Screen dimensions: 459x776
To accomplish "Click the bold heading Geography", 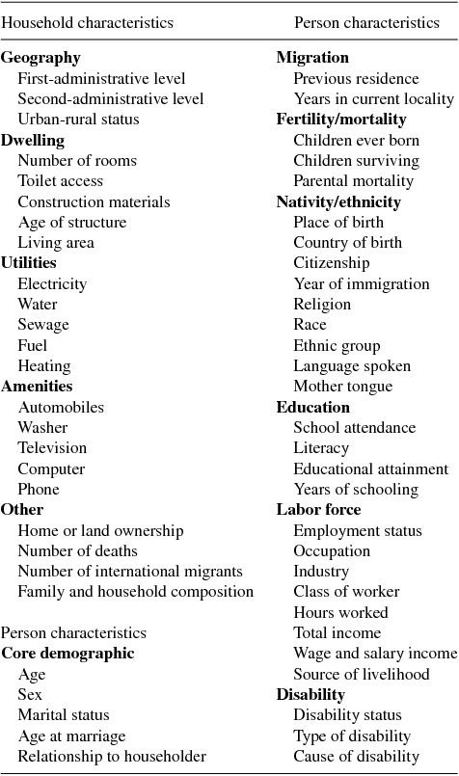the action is pyautogui.click(x=40, y=58).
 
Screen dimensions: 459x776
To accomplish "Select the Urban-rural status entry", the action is pyautogui.click(x=78, y=120).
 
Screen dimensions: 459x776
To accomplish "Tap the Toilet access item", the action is pyautogui.click(x=60, y=180).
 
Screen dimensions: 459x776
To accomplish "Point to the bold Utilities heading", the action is pyautogui.click(x=29, y=262).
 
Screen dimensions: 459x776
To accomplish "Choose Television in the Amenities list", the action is pyautogui.click(x=52, y=447).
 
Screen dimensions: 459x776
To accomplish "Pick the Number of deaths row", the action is pyautogui.click(x=77, y=550).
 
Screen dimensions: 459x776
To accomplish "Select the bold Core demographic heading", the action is pyautogui.click(x=67, y=654).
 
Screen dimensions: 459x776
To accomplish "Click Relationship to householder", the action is pyautogui.click(x=112, y=756).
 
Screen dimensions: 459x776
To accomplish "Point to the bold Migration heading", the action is pyautogui.click(x=312, y=58).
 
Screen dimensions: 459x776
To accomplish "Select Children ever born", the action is pyautogui.click(x=356, y=140).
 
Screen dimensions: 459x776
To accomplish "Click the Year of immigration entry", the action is pyautogui.click(x=362, y=283).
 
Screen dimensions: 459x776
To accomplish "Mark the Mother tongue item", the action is pyautogui.click(x=342, y=387).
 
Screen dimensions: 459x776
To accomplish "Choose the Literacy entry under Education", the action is pyautogui.click(x=321, y=447).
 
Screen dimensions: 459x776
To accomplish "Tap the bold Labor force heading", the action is pyautogui.click(x=318, y=509).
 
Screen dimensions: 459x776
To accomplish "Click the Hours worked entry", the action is pyautogui.click(x=340, y=612).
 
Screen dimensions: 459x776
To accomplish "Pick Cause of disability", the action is pyautogui.click(x=356, y=756).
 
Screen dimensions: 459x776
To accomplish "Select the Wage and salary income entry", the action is pyautogui.click(x=375, y=654).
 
